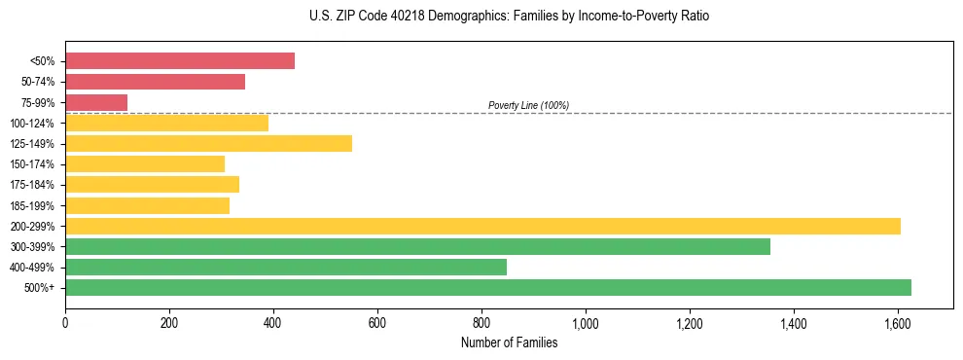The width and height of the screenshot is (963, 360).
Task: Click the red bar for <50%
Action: tap(180, 61)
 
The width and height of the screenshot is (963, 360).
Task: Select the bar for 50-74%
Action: tap(155, 82)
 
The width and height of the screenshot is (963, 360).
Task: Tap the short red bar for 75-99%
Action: tap(96, 102)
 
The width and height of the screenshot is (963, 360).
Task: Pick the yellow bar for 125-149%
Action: tap(208, 144)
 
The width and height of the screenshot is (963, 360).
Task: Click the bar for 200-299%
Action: tap(482, 226)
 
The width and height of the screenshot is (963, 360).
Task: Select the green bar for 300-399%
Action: tap(417, 246)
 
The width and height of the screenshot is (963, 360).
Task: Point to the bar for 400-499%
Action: tap(286, 267)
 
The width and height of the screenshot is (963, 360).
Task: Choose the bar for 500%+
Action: tap(488, 287)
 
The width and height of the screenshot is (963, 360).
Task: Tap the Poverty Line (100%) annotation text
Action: tap(528, 105)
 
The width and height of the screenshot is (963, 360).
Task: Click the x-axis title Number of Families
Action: tap(509, 342)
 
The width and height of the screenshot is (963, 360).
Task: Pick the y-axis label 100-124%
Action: tap(32, 124)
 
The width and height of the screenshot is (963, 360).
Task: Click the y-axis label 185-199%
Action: tap(32, 205)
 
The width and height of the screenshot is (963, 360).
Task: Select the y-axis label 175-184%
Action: tap(32, 185)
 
